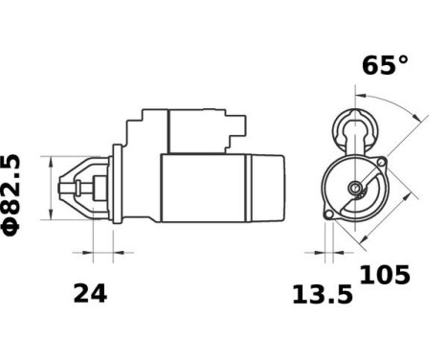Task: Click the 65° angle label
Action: [x=385, y=66]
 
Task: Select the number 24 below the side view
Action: [x=90, y=293]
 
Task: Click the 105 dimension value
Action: [x=385, y=275]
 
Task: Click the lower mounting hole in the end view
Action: [x=331, y=212]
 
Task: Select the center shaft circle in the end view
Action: [x=357, y=187]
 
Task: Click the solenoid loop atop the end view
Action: [x=355, y=125]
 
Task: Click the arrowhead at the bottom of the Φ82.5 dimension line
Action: [x=49, y=220]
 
